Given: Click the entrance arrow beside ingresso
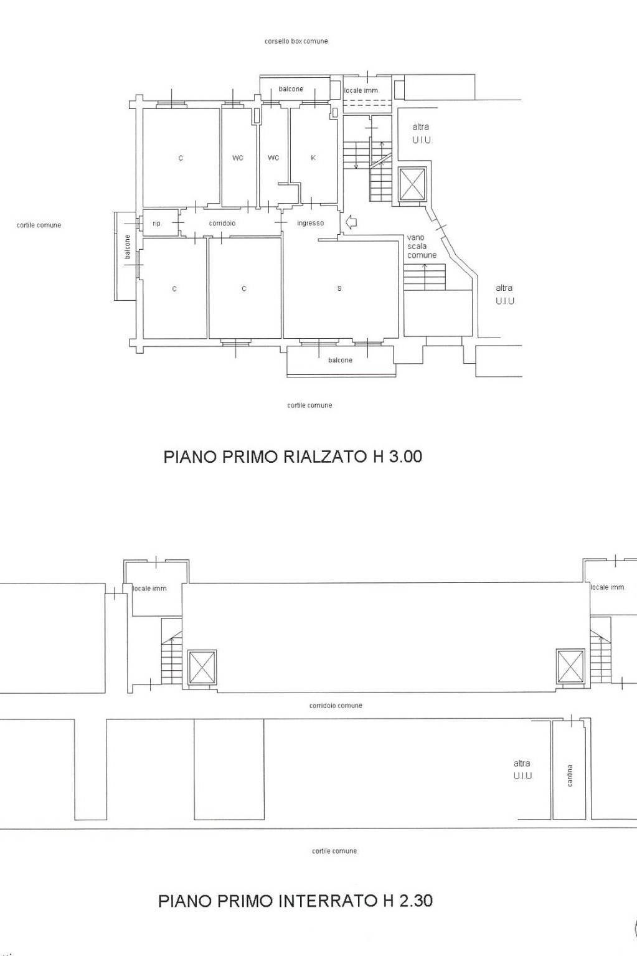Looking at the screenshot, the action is (x=351, y=222).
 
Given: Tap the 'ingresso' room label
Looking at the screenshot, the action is (x=310, y=223).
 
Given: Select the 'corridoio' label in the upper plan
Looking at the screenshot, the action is (x=222, y=223).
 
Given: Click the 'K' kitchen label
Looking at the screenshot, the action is (x=313, y=158).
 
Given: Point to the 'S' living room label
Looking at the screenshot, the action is (x=339, y=288).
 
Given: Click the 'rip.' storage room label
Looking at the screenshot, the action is (x=156, y=223).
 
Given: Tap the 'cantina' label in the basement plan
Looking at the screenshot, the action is (x=570, y=775).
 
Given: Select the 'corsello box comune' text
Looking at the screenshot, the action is (x=296, y=41).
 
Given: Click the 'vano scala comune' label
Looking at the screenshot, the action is (x=422, y=246).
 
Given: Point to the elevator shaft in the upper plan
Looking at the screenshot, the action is (x=412, y=184).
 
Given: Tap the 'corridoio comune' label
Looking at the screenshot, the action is (x=336, y=706).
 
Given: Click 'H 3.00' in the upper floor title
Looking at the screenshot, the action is (x=397, y=457).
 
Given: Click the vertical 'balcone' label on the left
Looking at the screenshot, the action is (x=128, y=247).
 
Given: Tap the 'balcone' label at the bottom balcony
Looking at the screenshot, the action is (x=340, y=360).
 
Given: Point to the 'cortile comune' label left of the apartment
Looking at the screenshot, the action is (x=39, y=225).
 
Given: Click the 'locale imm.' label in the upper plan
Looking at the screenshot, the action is (x=361, y=90).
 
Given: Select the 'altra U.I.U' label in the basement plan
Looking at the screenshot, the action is (x=522, y=770).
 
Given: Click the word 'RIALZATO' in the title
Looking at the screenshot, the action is (x=324, y=457).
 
